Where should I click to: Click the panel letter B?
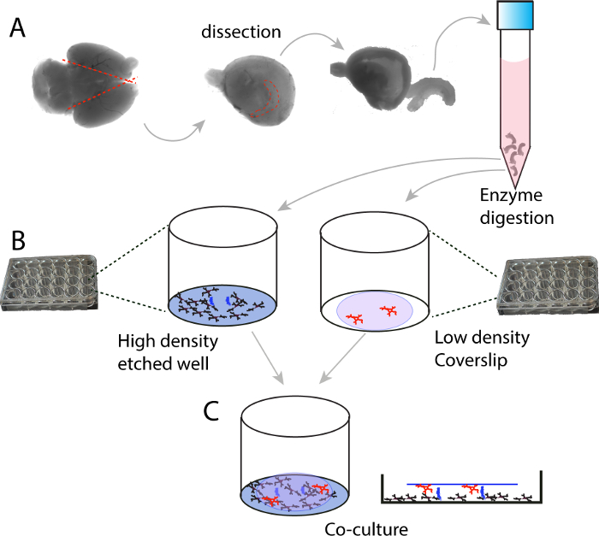click(x=18, y=238)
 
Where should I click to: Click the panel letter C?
click(x=215, y=412)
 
